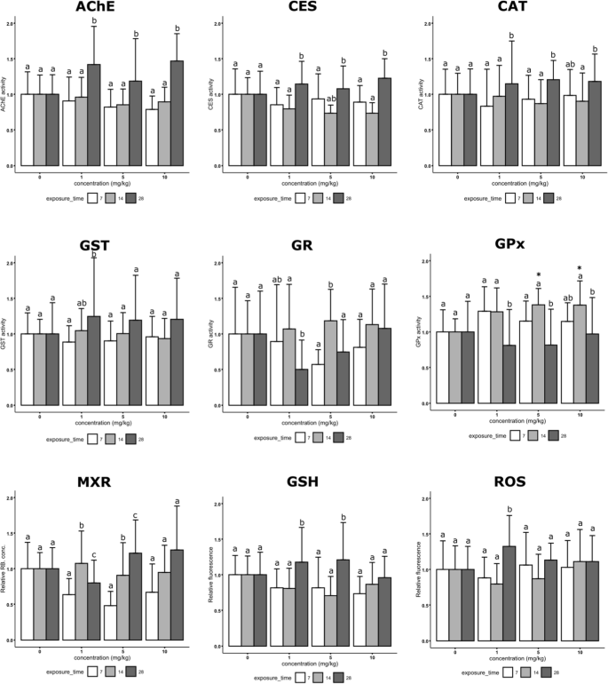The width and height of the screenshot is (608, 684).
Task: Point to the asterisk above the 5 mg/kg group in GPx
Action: pyautogui.click(x=538, y=275)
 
